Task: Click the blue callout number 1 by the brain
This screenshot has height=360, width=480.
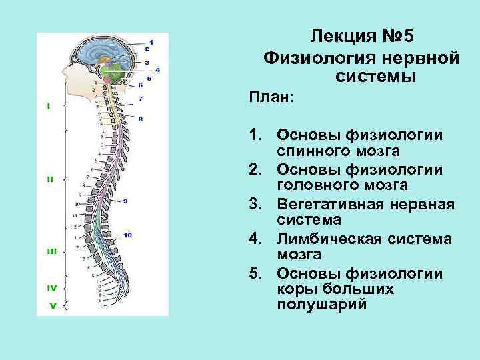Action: (151, 42)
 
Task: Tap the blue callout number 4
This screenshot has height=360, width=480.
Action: (157, 69)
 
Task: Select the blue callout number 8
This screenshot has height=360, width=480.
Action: (141, 118)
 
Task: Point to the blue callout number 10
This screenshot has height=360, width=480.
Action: (127, 235)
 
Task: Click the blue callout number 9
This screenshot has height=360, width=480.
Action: (125, 201)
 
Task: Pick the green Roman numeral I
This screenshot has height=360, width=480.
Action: (48, 105)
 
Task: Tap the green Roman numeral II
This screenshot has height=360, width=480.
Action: (49, 179)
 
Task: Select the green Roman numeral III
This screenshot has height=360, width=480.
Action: (51, 251)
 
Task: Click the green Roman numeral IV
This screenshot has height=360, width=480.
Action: (51, 288)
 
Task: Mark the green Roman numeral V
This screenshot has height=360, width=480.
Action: (51, 306)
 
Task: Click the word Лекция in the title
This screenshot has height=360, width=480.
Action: (340, 35)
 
